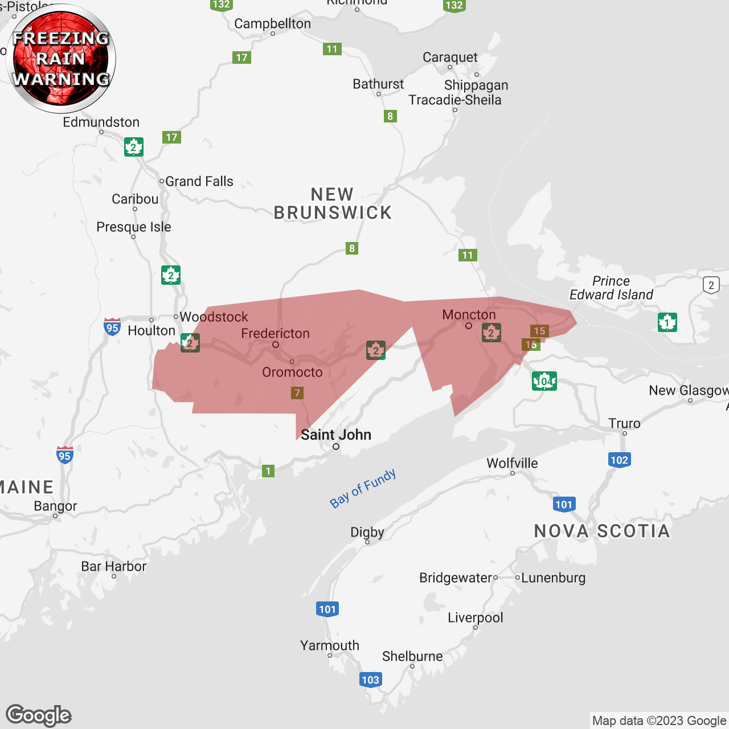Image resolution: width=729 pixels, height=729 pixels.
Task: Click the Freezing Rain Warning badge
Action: [61, 59]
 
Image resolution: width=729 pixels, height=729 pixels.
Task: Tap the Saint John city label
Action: [336, 435]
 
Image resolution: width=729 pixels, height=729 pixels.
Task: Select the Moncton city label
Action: [469, 314]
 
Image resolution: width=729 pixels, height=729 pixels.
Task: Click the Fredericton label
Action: [275, 333]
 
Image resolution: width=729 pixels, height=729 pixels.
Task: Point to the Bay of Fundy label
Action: [363, 489]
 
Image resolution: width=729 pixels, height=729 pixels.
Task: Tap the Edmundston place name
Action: [101, 122]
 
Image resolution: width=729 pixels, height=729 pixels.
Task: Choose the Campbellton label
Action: [272, 24]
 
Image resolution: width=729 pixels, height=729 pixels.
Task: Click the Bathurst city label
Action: [378, 84]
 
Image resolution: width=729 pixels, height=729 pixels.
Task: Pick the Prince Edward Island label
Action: [611, 288]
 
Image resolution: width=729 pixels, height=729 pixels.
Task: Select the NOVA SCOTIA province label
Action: [602, 531]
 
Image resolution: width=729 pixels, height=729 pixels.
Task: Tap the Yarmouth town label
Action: [330, 645]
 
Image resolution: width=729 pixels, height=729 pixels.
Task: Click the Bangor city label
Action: [55, 506]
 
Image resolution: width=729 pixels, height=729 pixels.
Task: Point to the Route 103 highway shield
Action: [370, 679]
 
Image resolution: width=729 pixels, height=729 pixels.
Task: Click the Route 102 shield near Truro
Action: [619, 460]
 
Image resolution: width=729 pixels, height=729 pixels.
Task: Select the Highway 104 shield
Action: [544, 381]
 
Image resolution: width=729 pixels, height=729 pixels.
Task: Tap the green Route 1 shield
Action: [268, 471]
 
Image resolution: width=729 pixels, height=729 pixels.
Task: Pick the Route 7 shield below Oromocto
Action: [297, 393]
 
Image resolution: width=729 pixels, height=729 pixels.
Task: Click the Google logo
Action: [39, 715]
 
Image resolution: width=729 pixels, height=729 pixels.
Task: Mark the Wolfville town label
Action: [512, 463]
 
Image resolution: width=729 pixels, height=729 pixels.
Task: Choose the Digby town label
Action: [367, 532]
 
